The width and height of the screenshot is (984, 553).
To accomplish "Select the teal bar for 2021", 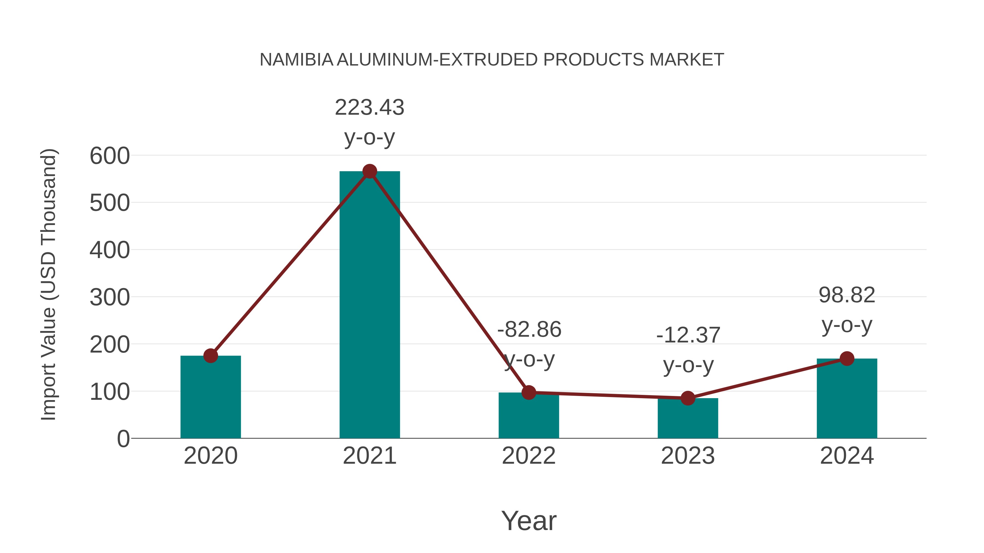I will (x=369, y=305).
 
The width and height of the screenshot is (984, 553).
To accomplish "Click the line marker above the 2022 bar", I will (x=529, y=392).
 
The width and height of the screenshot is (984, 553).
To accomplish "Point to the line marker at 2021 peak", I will (x=369, y=171).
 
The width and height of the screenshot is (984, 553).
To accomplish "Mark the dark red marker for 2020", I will (x=210, y=356).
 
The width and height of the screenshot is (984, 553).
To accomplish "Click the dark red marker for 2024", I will (x=847, y=358).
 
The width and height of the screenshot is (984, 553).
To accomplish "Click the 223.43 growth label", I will (x=369, y=108).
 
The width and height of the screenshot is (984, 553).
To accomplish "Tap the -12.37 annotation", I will (x=688, y=335).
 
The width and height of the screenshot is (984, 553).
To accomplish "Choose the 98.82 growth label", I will (x=847, y=295).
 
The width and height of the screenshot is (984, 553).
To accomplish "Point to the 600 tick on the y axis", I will (x=110, y=156).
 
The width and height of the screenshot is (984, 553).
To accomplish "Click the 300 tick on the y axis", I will (x=110, y=298).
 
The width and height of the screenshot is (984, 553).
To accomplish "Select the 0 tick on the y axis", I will (x=123, y=439).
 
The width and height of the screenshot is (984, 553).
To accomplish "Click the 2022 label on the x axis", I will (x=529, y=456).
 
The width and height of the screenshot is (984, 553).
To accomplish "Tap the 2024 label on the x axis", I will (x=847, y=456).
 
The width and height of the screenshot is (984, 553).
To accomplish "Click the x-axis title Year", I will (x=529, y=521).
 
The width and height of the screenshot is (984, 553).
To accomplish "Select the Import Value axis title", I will (x=49, y=284).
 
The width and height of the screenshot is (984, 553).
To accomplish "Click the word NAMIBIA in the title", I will (x=296, y=60).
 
